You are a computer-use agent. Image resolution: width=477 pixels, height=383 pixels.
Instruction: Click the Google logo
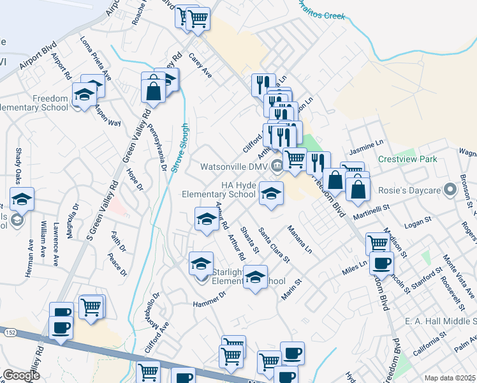(x=21, y=375)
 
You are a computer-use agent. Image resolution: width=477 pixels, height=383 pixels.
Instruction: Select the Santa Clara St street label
(x=274, y=245)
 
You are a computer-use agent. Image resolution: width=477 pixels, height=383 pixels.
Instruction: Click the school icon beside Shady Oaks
(x=22, y=199)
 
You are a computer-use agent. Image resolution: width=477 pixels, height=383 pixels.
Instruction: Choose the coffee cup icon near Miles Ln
(x=381, y=263)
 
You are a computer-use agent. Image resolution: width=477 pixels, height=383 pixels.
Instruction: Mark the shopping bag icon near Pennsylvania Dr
(x=154, y=89)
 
